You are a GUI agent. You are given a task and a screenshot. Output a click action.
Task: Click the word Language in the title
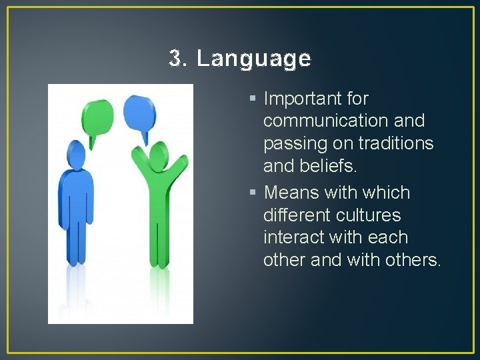click(253, 60)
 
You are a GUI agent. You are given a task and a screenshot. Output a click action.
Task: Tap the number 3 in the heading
click(176, 59)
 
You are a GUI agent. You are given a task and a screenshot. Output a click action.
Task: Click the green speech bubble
click(97, 116)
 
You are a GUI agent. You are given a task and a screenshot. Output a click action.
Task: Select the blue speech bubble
click(139, 112)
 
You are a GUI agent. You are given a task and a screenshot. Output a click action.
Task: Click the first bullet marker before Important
click(253, 99)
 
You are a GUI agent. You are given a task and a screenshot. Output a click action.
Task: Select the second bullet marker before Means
click(253, 193)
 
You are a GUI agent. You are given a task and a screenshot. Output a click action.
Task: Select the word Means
click(291, 193)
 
